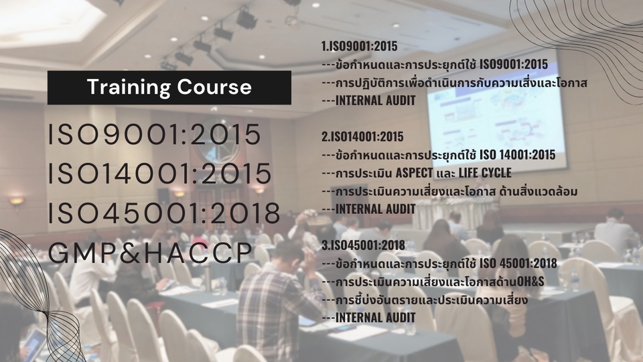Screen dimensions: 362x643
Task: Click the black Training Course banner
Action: tap(169, 87)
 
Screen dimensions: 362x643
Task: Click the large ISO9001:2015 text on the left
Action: tap(155, 135)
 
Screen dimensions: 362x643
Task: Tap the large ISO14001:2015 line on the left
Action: tap(160, 174)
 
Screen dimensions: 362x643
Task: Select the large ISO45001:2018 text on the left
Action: tap(164, 213)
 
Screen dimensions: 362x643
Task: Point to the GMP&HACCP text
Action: tap(151, 252)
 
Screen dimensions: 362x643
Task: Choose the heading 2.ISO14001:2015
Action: tap(362, 137)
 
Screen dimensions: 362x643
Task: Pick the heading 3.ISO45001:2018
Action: tap(362, 245)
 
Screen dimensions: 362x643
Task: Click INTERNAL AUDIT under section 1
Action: tap(375, 101)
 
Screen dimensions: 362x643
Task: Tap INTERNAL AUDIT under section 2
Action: tap(375, 209)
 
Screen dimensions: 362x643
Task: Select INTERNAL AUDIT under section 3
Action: tap(375, 317)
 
